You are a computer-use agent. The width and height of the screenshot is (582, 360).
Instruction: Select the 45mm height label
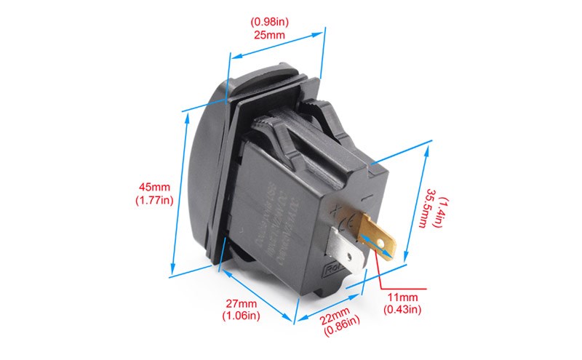154,188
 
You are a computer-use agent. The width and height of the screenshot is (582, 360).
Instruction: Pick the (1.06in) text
240,316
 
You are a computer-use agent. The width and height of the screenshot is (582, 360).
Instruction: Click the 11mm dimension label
402,297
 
